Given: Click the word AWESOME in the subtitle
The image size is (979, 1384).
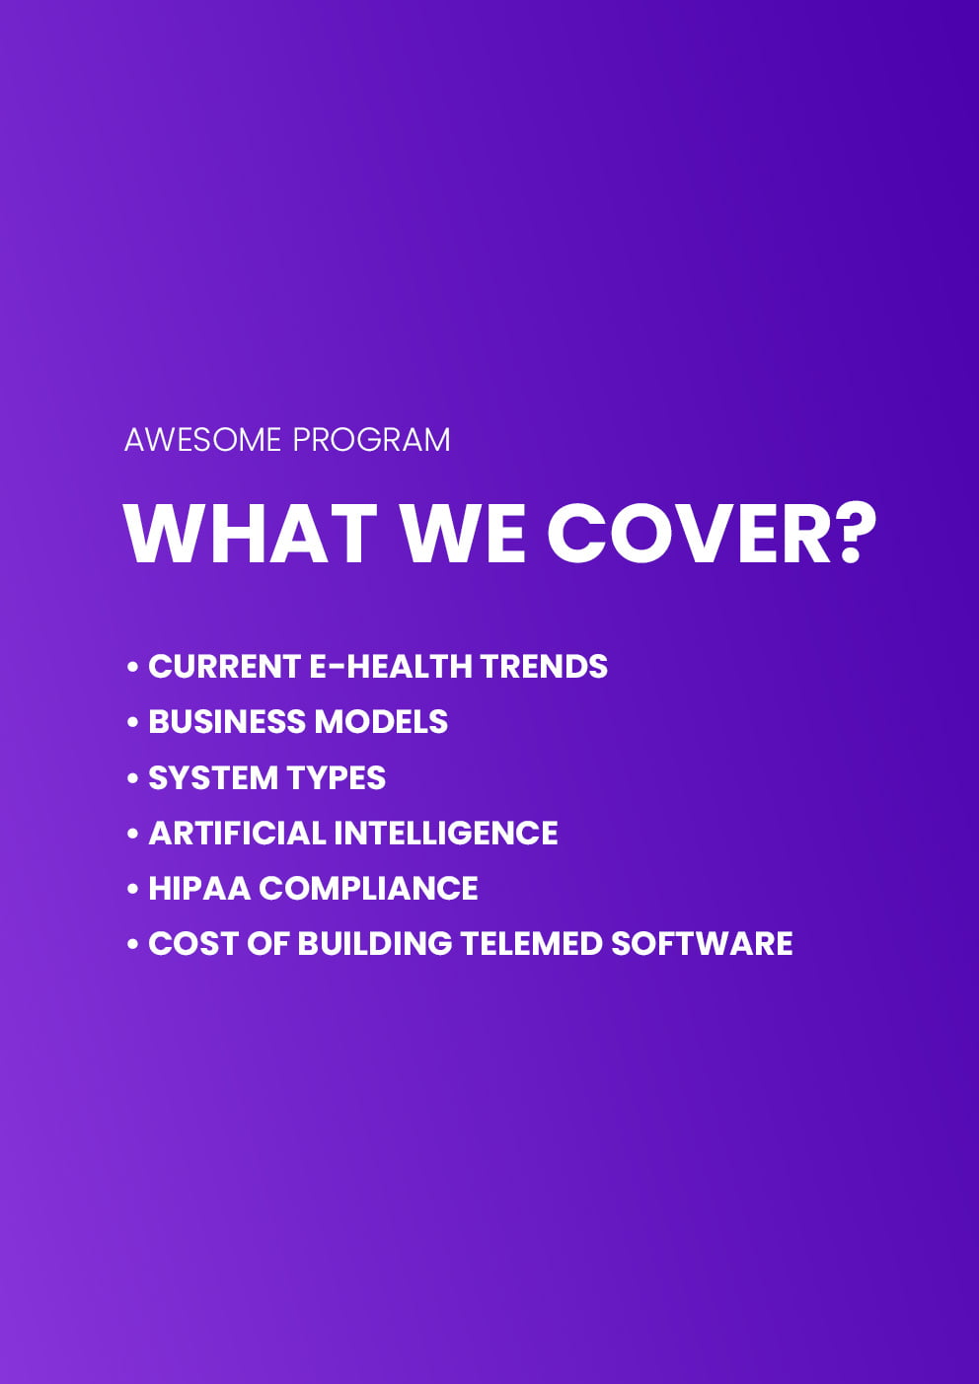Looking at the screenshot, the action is (x=202, y=440).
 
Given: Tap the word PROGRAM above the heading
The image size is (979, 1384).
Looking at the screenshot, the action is (x=371, y=440).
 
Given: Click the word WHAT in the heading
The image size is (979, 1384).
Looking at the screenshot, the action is (x=251, y=534).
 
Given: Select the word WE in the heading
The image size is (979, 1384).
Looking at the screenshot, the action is (x=464, y=534).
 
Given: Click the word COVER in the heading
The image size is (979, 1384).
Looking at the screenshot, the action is (x=690, y=534).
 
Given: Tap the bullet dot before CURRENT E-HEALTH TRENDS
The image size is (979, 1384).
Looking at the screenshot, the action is (x=132, y=667).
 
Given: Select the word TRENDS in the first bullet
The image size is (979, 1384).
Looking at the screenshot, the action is (x=544, y=667).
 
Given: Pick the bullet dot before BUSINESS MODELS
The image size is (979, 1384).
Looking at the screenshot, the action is (x=132, y=722).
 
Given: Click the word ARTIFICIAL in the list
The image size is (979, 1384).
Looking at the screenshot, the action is (x=237, y=833).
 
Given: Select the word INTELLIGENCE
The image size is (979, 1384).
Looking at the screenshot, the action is (x=446, y=833).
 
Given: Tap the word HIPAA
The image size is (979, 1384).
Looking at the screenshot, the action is (x=199, y=889).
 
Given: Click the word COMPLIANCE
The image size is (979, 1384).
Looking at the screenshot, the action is (x=368, y=889).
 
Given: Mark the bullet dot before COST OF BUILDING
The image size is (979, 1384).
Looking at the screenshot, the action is (x=132, y=945).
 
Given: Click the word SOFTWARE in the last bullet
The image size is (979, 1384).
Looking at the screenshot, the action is (x=702, y=943).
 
